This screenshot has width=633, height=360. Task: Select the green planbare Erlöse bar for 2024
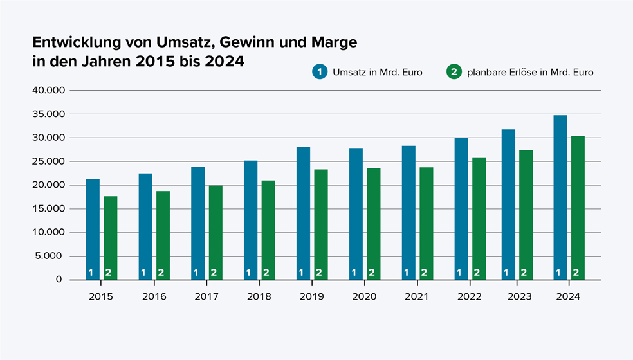(x=577, y=206)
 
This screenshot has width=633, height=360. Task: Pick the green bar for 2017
(x=216, y=231)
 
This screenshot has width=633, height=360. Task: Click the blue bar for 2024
(x=560, y=196)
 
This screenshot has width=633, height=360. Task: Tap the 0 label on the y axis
(x=59, y=280)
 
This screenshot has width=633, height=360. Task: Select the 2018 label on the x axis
(x=259, y=296)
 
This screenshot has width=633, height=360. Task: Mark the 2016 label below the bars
(x=154, y=296)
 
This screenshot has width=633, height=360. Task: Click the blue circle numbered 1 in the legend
(x=320, y=72)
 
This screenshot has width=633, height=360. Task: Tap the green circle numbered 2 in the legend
(x=454, y=72)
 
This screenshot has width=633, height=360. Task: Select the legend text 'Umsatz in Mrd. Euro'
(x=377, y=72)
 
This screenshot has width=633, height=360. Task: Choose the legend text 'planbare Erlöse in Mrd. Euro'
(x=530, y=72)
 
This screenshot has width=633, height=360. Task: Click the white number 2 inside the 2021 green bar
(x=424, y=273)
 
